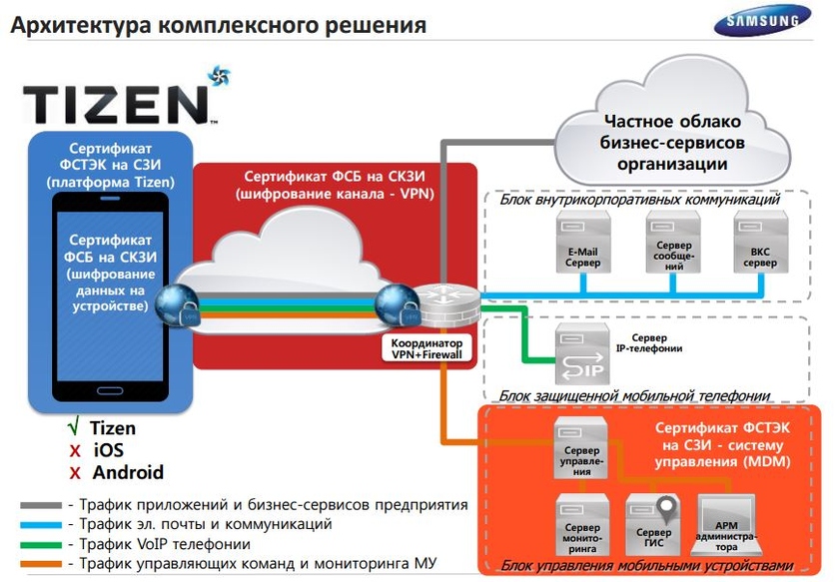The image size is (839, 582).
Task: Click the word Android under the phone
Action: tap(127, 472)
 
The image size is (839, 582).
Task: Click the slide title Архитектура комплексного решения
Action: tap(219, 24)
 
